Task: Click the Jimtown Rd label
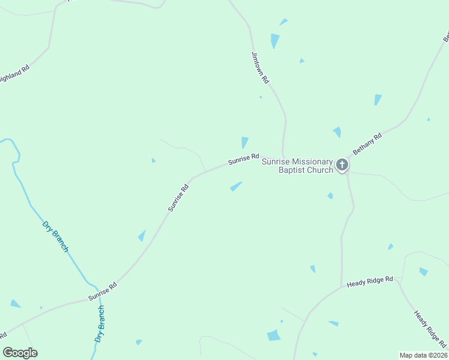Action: point(261,67)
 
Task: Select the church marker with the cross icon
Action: point(342,164)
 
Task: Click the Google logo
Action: point(20,353)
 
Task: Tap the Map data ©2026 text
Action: point(423,355)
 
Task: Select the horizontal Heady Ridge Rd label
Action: point(370,280)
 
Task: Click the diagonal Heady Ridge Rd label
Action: point(430,329)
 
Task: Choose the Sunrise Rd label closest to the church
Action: point(243,159)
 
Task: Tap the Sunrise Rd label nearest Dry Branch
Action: point(102,291)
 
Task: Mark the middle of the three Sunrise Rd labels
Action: point(178,198)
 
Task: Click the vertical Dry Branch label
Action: point(100,324)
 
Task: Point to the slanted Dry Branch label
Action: point(56,236)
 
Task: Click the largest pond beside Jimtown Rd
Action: point(275,40)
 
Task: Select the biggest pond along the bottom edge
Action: point(274,335)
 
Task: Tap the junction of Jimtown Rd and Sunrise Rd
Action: point(283,158)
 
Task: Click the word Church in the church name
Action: point(319,170)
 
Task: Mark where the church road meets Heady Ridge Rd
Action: point(342,286)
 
